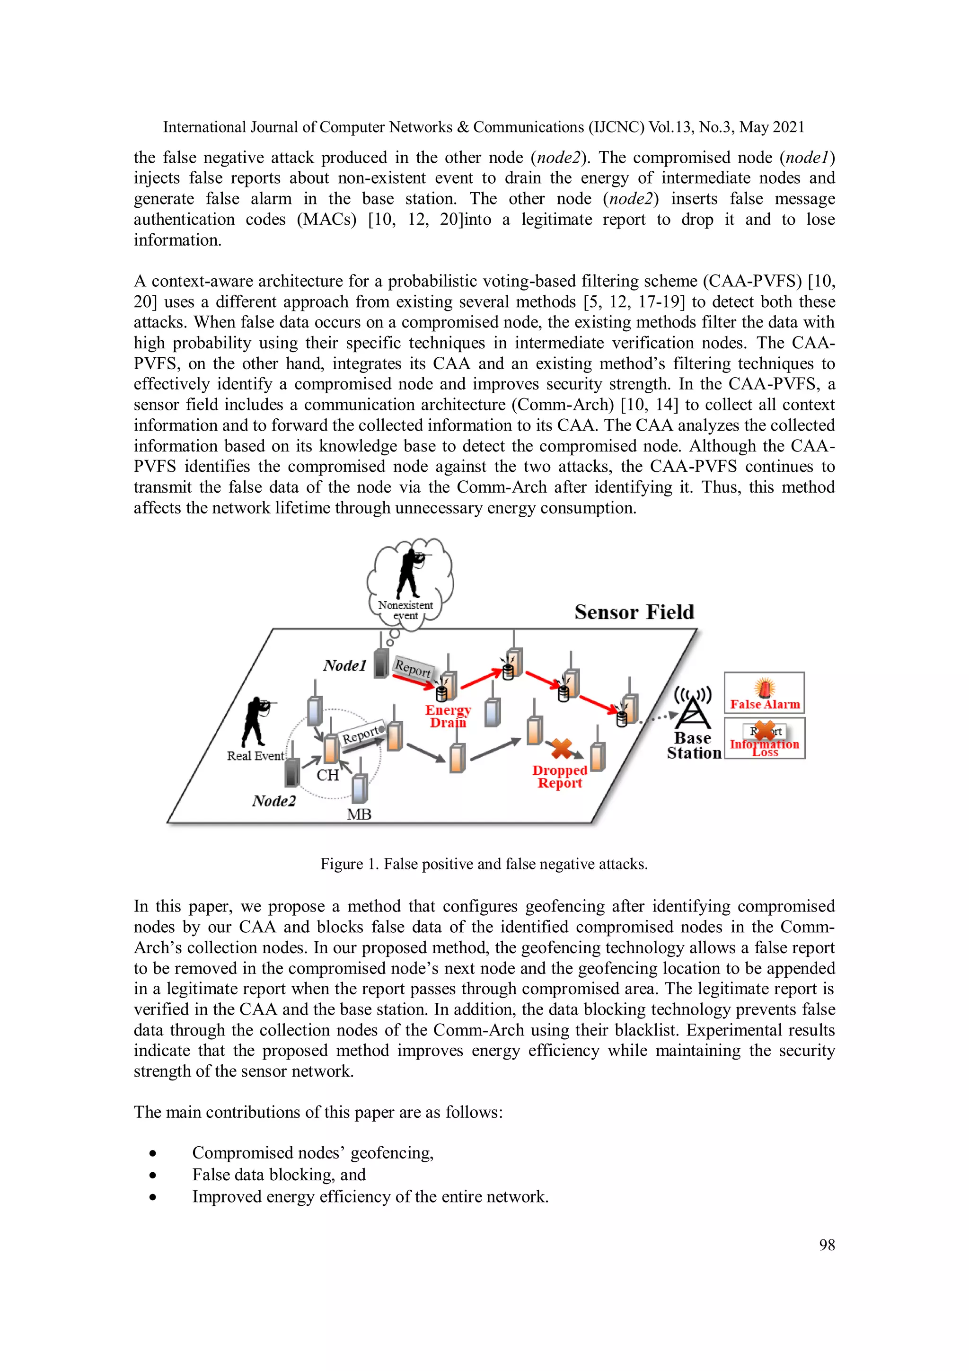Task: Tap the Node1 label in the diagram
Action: pyautogui.click(x=344, y=665)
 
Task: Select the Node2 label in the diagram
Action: pyautogui.click(x=273, y=801)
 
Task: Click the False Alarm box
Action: pyautogui.click(x=764, y=693)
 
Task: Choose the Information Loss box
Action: pyautogui.click(x=764, y=738)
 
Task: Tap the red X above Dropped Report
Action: pyautogui.click(x=561, y=748)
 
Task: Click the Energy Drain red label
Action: pyautogui.click(x=448, y=716)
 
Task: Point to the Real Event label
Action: pyautogui.click(x=255, y=756)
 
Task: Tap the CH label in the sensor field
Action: pyautogui.click(x=328, y=775)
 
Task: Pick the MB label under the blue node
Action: pyautogui.click(x=359, y=814)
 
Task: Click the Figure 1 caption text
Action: pyautogui.click(x=484, y=864)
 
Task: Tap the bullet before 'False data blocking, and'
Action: pyautogui.click(x=153, y=1175)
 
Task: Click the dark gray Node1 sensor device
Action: pyautogui.click(x=381, y=663)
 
